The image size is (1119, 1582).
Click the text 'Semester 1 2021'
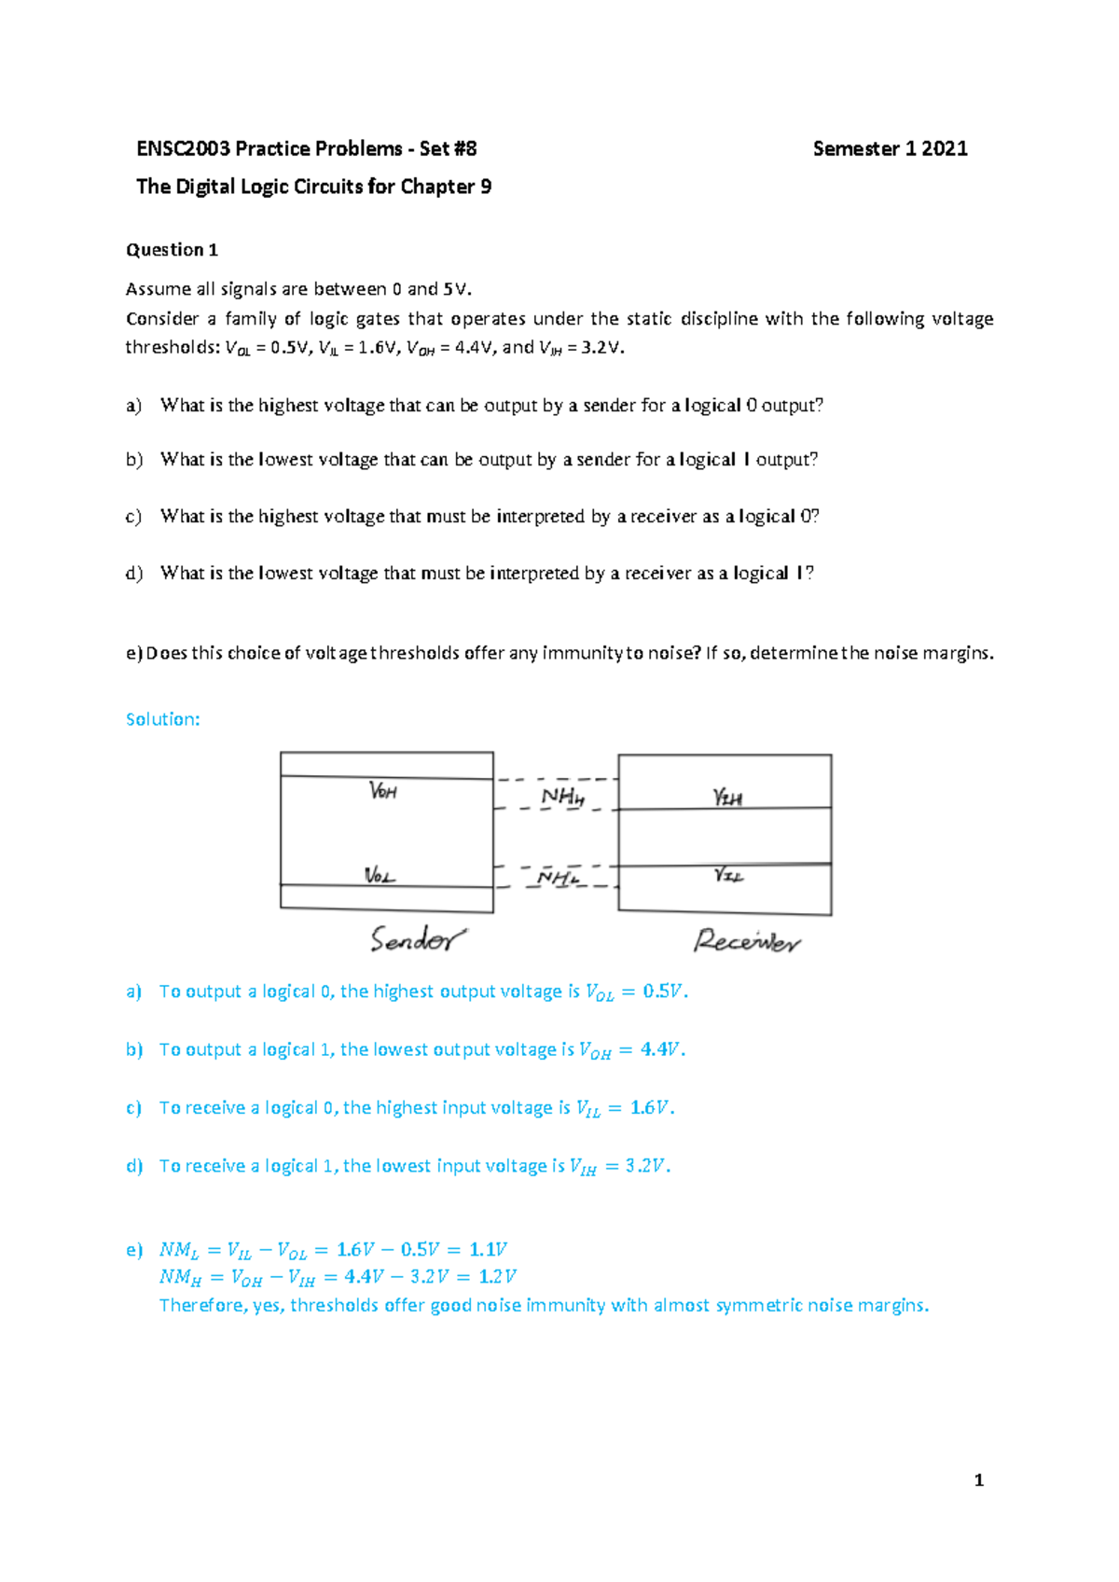click(890, 148)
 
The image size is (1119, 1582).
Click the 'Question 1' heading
click(172, 250)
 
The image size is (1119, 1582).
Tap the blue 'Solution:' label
click(162, 719)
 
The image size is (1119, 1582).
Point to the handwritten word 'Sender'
click(417, 939)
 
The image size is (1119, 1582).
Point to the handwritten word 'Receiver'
click(746, 940)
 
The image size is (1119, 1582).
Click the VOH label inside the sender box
click(383, 791)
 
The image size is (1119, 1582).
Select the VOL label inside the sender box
click(380, 875)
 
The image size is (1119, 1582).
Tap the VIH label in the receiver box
click(727, 797)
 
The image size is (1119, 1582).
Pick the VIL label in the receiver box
click(728, 875)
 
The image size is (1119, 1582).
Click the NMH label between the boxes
click(562, 797)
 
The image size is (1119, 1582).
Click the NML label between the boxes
click(558, 878)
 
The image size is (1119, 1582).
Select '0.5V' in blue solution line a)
click(664, 992)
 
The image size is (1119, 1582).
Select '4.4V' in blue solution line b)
click(661, 1049)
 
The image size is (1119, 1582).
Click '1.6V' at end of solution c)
click(650, 1107)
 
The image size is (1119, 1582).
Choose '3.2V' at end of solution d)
click(646, 1166)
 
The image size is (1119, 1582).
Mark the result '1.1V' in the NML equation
click(488, 1249)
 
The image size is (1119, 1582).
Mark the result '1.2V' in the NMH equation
click(497, 1276)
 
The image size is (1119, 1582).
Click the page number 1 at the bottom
click(978, 1480)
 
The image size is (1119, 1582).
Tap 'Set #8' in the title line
click(448, 148)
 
